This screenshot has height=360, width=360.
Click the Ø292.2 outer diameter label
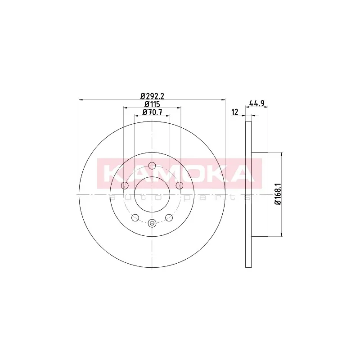click(x=152, y=96)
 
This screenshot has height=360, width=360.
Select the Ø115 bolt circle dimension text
click(x=152, y=104)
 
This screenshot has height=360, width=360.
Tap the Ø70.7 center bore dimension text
click(x=152, y=112)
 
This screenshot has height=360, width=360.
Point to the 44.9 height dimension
click(x=256, y=104)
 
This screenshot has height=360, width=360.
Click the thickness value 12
click(x=235, y=112)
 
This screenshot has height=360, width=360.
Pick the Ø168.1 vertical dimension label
click(x=278, y=194)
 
